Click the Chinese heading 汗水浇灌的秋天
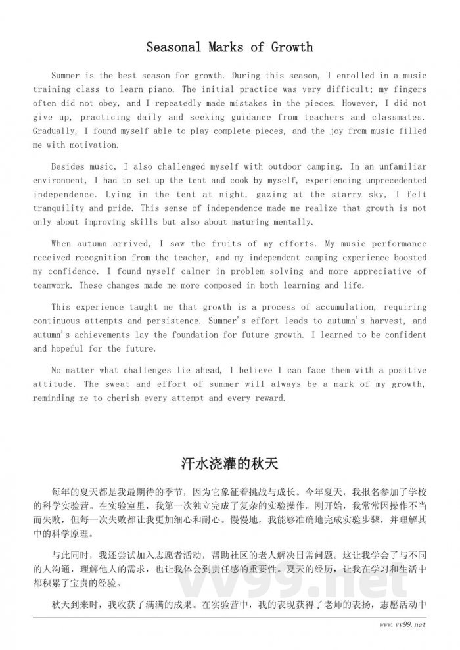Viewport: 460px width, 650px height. click(229, 464)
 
